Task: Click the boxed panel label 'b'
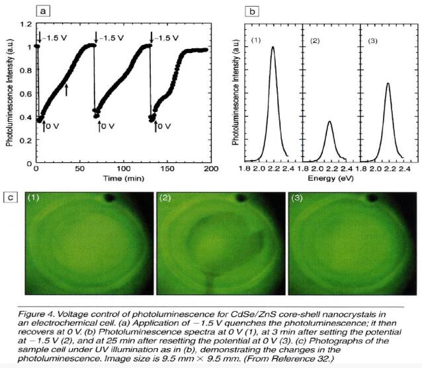click(x=251, y=10)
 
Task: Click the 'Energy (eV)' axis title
click(x=329, y=179)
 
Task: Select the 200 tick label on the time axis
click(x=210, y=170)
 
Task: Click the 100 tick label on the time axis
click(x=124, y=170)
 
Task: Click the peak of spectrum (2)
click(x=329, y=122)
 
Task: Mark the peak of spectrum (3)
click(x=388, y=84)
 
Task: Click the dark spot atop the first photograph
click(x=110, y=198)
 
